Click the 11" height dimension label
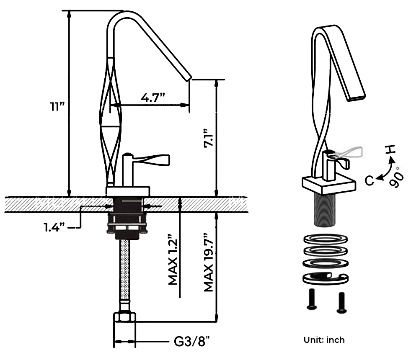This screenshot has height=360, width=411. pyautogui.click(x=57, y=106)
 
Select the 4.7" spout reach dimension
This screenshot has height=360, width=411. pyautogui.click(x=153, y=97)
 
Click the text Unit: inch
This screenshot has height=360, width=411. pyautogui.click(x=324, y=340)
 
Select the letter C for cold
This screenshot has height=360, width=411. pyautogui.click(x=369, y=180)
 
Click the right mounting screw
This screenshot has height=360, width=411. pyautogui.click(x=341, y=301)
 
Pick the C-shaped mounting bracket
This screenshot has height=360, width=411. pyautogui.click(x=325, y=278)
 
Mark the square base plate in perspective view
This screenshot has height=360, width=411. pyautogui.click(x=328, y=184)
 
